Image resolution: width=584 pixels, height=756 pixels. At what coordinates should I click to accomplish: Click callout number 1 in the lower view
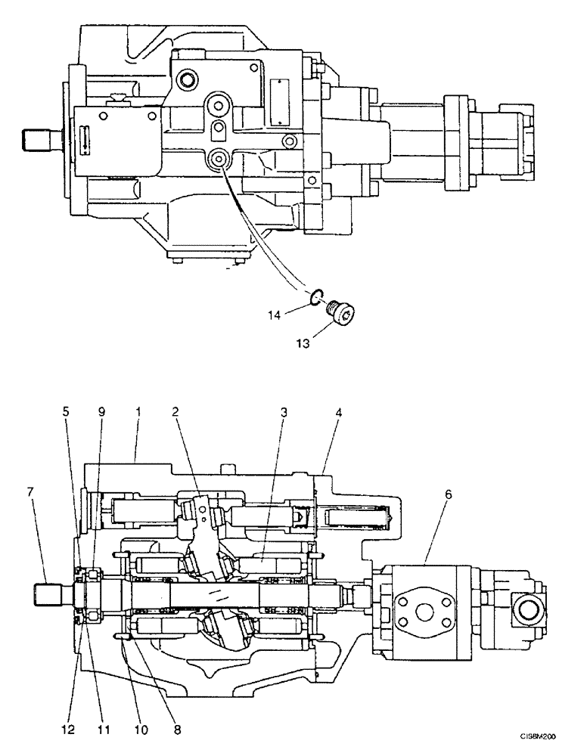click(x=136, y=413)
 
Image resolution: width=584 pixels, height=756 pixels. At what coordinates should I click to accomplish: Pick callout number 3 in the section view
click(x=284, y=413)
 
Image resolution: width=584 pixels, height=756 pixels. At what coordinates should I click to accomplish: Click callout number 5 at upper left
click(x=66, y=413)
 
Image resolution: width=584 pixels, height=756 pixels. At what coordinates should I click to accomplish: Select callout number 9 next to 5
click(x=101, y=413)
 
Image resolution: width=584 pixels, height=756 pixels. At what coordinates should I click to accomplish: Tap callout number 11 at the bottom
click(x=104, y=730)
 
